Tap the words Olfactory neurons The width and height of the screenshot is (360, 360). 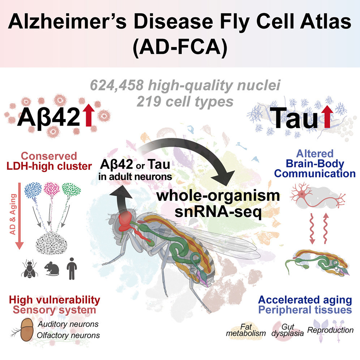click(68, 335)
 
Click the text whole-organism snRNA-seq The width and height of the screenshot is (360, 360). click(218, 204)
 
